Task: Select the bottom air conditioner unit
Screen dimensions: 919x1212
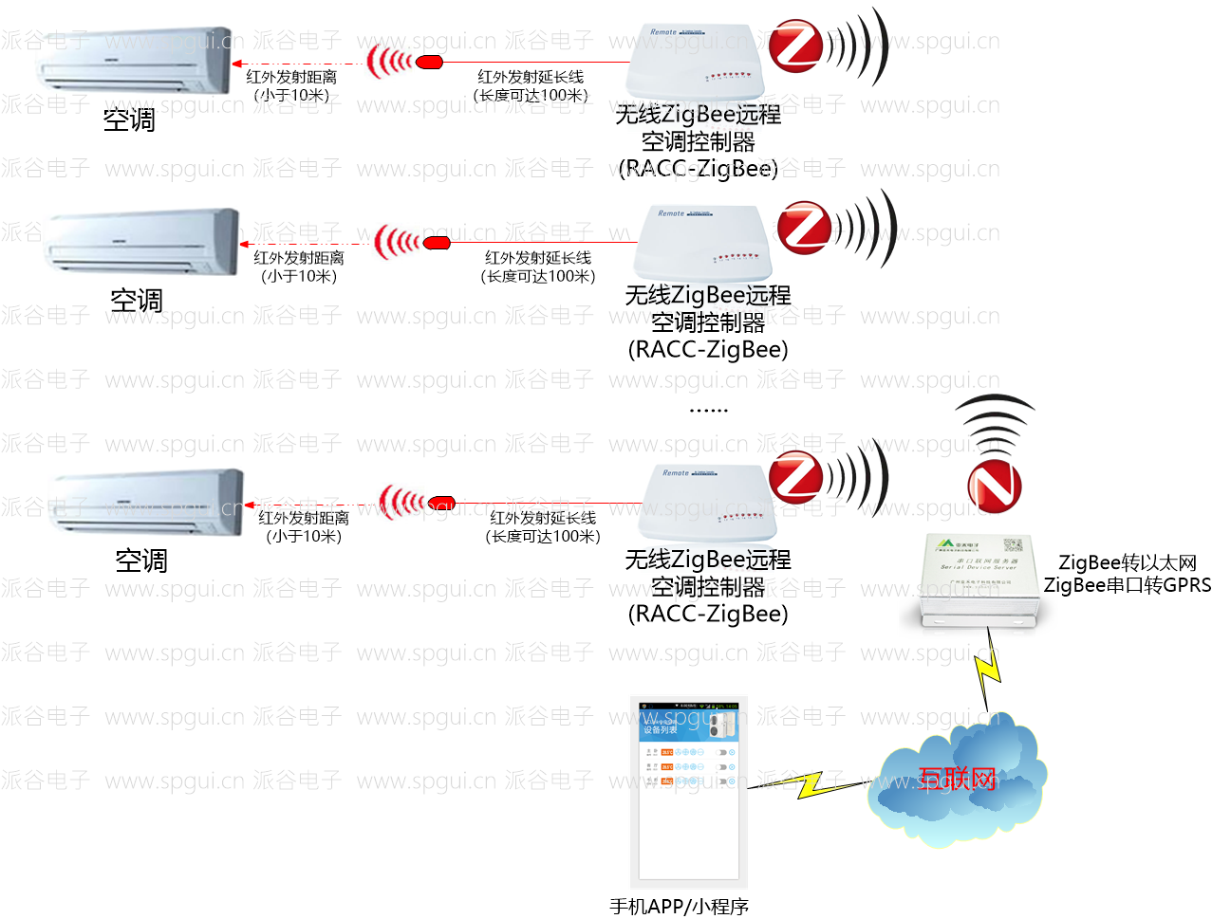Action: pyautogui.click(x=147, y=503)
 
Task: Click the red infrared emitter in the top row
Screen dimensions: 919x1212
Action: pyautogui.click(x=429, y=63)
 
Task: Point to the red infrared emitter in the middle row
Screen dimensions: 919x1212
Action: pyautogui.click(x=436, y=243)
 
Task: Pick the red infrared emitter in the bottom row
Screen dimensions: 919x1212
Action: pyautogui.click(x=441, y=503)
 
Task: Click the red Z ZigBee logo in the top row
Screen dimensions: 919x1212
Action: pyautogui.click(x=795, y=46)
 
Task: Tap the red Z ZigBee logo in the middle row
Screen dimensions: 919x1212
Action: pyautogui.click(x=804, y=228)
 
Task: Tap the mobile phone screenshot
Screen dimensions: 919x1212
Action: pyautogui.click(x=688, y=792)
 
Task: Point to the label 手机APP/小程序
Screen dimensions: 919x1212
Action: pyautogui.click(x=679, y=907)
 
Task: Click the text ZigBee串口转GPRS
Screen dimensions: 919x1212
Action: pyautogui.click(x=1128, y=585)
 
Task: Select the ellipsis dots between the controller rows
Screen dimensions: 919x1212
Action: pyautogui.click(x=708, y=411)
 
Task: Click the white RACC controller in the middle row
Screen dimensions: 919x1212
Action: pyautogui.click(x=702, y=242)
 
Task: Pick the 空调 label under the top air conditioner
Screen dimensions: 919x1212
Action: pyautogui.click(x=129, y=120)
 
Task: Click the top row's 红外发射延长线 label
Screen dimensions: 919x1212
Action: pyautogui.click(x=531, y=77)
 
